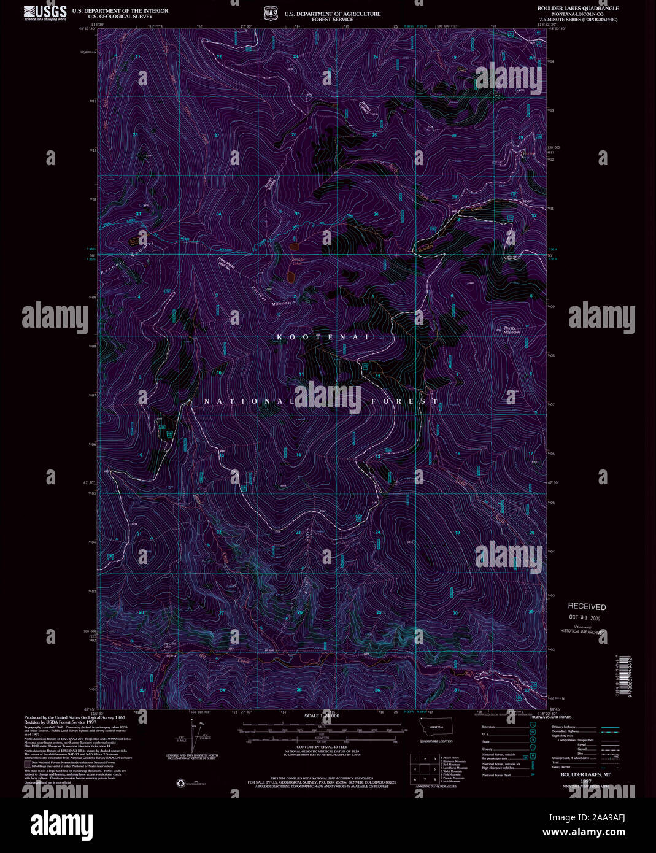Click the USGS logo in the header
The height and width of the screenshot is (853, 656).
(x=45, y=13)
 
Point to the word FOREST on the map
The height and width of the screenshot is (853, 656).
(x=405, y=401)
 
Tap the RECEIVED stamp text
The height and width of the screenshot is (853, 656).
(x=586, y=606)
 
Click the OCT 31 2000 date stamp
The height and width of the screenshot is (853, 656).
(x=584, y=618)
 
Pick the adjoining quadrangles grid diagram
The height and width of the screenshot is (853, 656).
(x=425, y=769)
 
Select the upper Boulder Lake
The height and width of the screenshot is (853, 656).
(x=294, y=247)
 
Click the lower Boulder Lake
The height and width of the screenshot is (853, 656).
(x=290, y=277)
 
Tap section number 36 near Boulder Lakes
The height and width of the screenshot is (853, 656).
(x=376, y=214)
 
